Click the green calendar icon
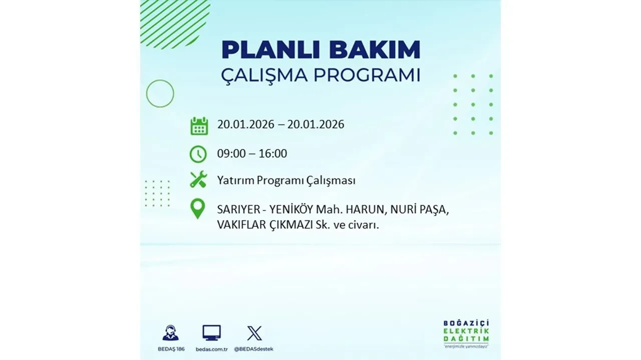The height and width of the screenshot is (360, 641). click(x=199, y=125)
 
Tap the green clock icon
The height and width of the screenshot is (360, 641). click(x=198, y=153)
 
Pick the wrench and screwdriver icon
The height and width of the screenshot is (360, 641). click(x=198, y=179)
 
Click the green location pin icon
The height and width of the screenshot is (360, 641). click(x=198, y=209)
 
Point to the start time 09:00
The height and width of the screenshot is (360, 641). click(x=232, y=153)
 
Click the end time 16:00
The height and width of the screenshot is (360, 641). click(x=273, y=153)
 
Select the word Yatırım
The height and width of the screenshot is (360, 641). click(x=235, y=180)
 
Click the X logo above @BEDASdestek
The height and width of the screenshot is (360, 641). click(x=254, y=333)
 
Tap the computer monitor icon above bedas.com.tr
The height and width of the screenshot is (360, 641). click(x=211, y=332)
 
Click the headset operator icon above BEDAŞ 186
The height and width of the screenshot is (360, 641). click(x=170, y=333)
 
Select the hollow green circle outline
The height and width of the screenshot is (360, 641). click(x=160, y=93)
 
